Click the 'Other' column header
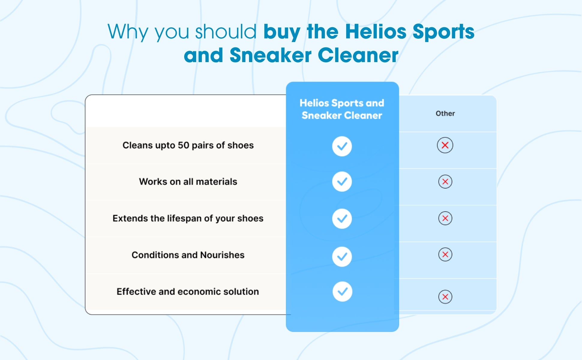point(445,113)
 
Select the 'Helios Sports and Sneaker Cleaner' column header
point(342,109)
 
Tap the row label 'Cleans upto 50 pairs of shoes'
point(188,145)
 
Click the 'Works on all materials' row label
point(188,182)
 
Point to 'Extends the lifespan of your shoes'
point(188,218)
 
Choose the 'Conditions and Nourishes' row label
point(188,255)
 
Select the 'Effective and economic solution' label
point(188,292)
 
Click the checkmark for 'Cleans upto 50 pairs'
point(342,146)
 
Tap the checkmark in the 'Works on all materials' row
point(342,181)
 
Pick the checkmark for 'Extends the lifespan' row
point(342,219)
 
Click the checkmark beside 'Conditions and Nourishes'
point(342,257)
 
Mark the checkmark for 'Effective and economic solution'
point(342,292)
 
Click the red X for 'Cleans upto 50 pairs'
point(445,145)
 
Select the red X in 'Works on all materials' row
point(445,181)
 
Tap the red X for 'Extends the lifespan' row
point(445,218)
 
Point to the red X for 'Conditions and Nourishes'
point(445,254)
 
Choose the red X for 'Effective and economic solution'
point(445,297)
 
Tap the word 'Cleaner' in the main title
point(358,55)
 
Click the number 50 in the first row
point(184,145)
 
